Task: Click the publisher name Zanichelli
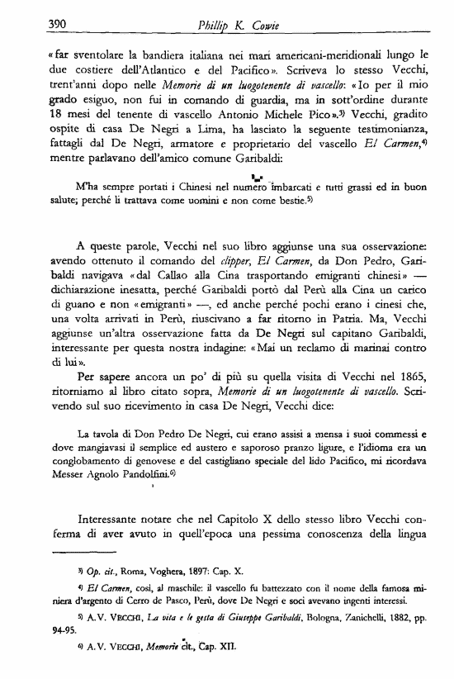(339, 615)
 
